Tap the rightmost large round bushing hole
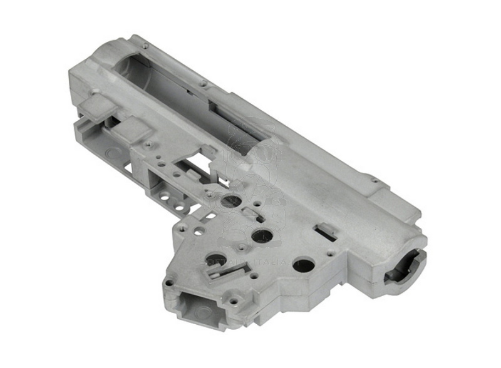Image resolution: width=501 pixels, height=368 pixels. point(304,264)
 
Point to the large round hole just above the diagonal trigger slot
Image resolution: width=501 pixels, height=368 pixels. point(215,258)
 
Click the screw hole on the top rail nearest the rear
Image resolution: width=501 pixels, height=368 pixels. point(145,46)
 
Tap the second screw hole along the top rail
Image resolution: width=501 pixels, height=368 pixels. point(204,83)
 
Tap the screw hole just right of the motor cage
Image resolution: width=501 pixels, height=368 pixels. point(232,300)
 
